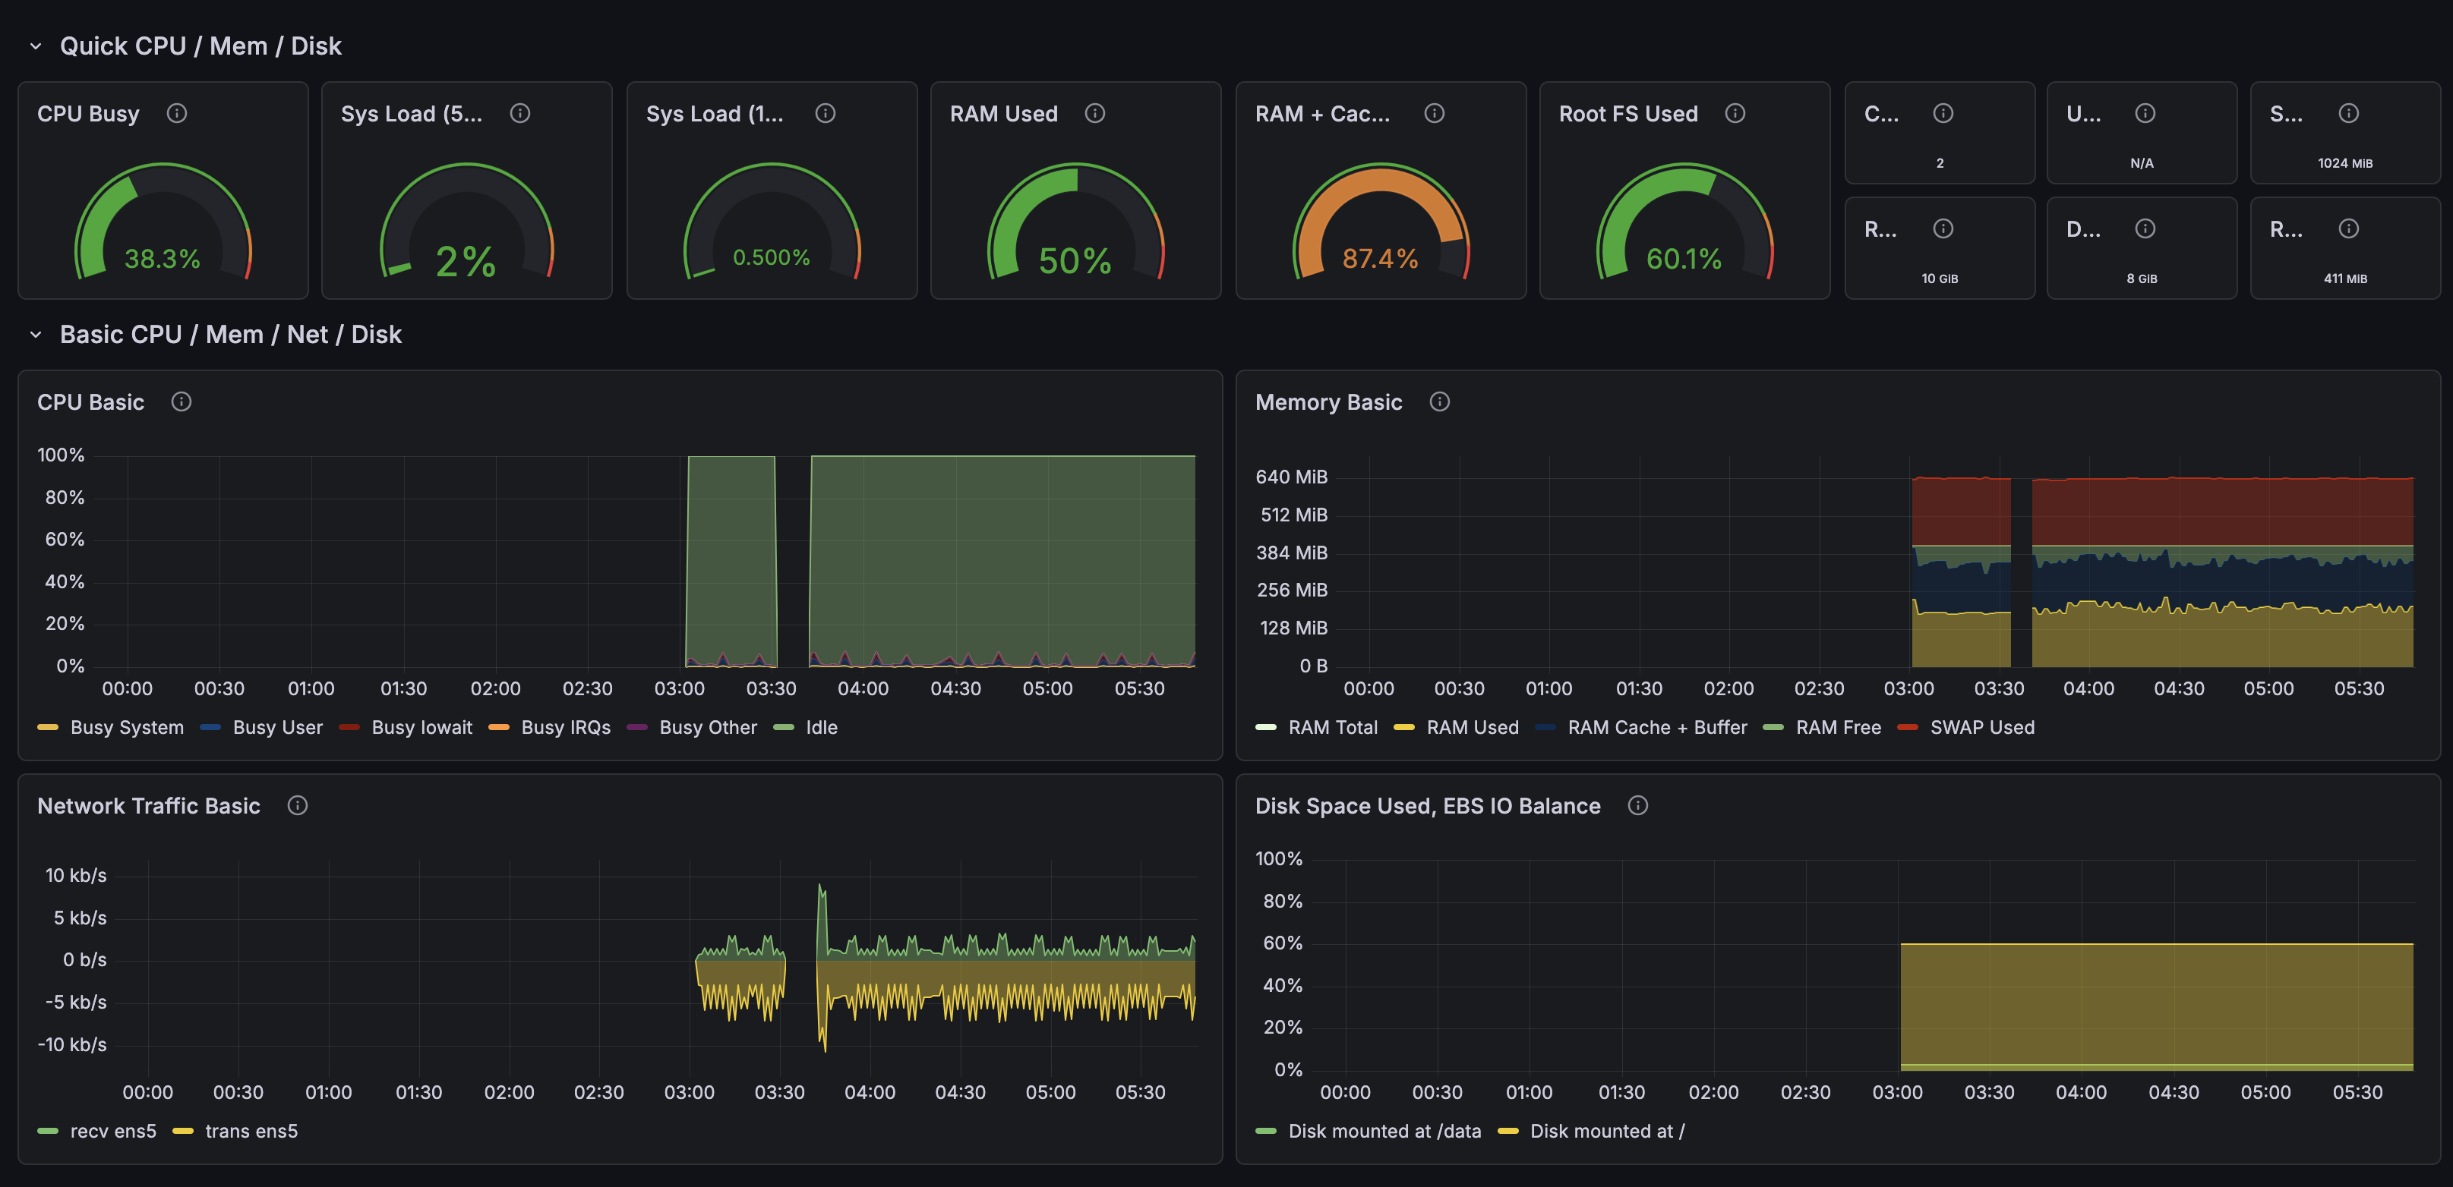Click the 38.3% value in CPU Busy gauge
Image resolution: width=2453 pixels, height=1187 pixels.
point(162,259)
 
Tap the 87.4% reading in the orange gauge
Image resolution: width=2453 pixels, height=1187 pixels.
point(1380,259)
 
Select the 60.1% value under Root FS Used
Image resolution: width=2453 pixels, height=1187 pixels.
point(1684,259)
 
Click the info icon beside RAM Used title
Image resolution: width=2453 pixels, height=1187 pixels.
point(1095,113)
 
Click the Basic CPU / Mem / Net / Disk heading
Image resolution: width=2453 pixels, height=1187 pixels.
point(230,334)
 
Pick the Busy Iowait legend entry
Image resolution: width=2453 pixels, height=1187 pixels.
point(421,727)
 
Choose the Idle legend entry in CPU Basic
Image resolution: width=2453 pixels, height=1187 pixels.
point(821,727)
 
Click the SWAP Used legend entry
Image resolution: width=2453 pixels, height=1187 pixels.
point(1981,727)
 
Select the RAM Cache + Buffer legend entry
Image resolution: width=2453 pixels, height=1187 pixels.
point(1656,727)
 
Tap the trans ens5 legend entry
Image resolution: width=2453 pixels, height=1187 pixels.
point(251,1131)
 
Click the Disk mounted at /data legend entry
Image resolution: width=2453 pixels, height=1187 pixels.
point(1384,1131)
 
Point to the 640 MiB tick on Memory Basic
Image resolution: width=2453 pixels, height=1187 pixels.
point(1291,477)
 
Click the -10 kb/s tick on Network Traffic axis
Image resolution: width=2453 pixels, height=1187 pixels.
point(72,1044)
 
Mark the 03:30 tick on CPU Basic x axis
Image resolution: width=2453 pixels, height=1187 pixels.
point(770,688)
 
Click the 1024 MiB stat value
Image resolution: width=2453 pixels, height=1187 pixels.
point(2344,162)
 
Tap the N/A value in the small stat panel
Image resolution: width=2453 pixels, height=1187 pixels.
point(2142,162)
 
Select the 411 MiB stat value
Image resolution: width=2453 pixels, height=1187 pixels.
point(2344,278)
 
